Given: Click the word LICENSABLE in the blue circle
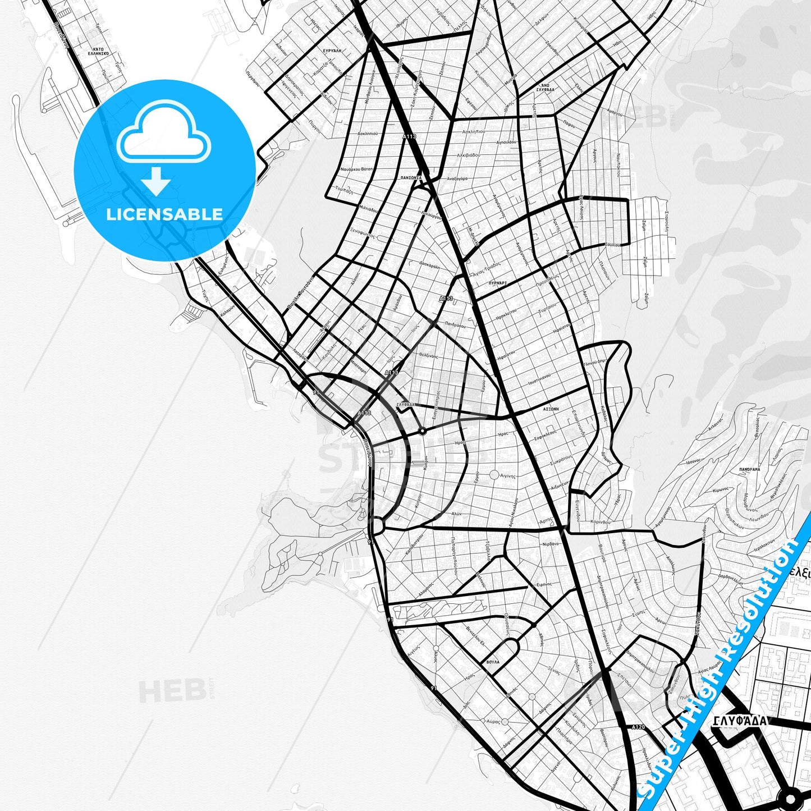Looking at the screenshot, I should [164, 214].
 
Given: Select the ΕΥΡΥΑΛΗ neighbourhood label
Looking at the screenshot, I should [332, 51].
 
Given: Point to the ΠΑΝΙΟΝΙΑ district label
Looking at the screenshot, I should [411, 178].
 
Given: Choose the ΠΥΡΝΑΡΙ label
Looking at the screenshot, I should [498, 283].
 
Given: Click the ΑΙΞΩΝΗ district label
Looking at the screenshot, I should [551, 410].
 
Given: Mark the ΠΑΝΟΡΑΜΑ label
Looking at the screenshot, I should [749, 469].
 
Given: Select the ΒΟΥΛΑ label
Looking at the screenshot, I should [493, 662].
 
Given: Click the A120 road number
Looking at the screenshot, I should [638, 727].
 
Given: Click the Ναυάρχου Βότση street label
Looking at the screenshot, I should [356, 169].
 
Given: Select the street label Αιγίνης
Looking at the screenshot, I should [507, 475].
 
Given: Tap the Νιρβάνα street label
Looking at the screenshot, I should [550, 544].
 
